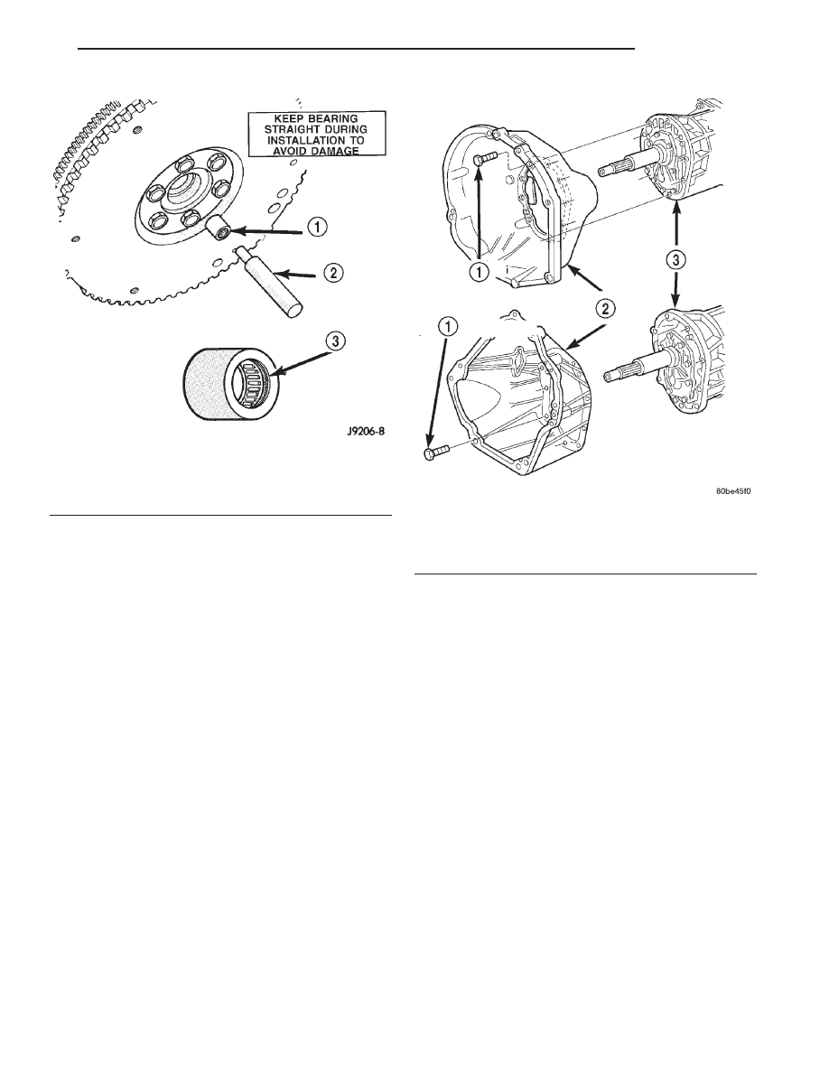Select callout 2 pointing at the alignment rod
pos(333,273)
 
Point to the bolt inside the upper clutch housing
pos(485,159)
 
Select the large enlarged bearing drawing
pos(229,380)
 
